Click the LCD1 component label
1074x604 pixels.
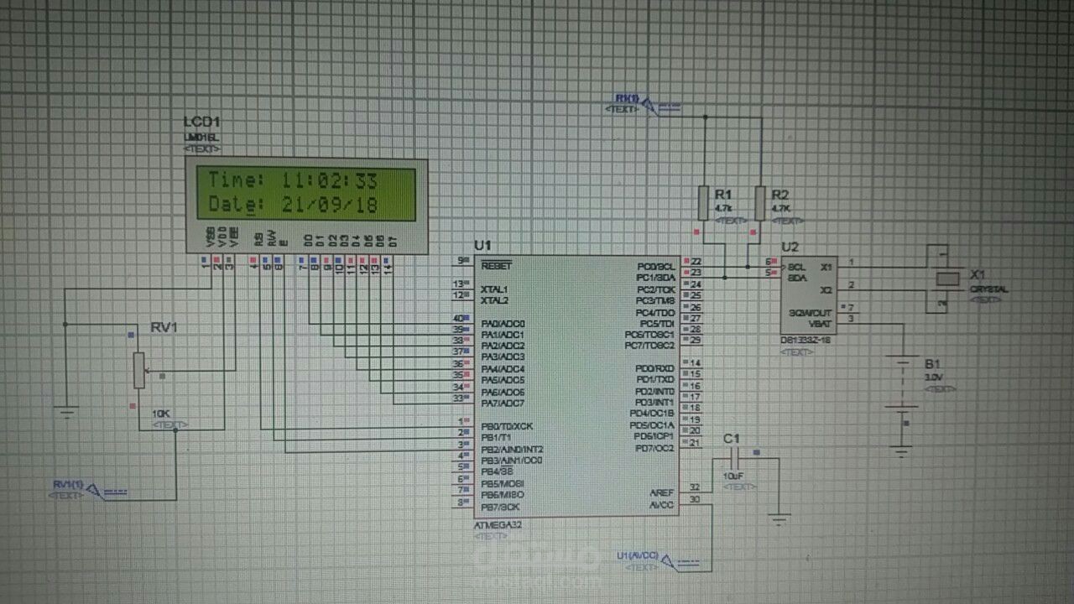[201, 122]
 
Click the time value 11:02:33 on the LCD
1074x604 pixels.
[330, 180]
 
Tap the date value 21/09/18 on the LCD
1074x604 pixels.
[330, 205]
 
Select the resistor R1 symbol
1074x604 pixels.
[704, 203]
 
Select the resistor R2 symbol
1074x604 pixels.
[760, 203]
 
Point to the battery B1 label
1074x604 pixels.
[932, 363]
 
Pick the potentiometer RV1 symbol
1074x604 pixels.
[138, 369]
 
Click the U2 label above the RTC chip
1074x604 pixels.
[790, 247]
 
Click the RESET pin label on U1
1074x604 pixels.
[497, 265]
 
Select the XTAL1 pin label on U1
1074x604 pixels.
[495, 289]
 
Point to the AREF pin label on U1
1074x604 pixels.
[661, 492]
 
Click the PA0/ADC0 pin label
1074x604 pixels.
[503, 324]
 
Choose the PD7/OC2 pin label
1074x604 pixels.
[654, 448]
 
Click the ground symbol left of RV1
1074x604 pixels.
[66, 411]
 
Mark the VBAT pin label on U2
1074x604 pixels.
[820, 322]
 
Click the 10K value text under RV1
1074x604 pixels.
[160, 414]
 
